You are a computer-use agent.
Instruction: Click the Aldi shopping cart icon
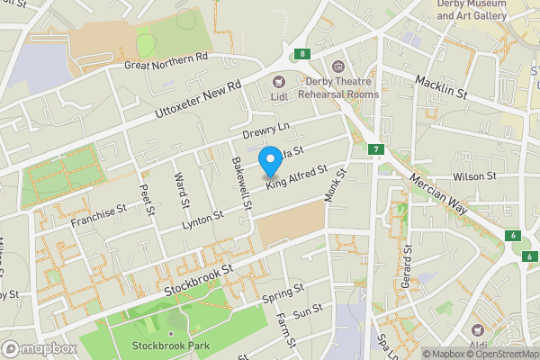(476, 331)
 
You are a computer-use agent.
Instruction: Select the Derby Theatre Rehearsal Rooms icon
(337, 67)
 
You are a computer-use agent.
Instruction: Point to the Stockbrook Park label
(164, 346)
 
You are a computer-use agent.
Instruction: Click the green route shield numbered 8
(304, 54)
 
